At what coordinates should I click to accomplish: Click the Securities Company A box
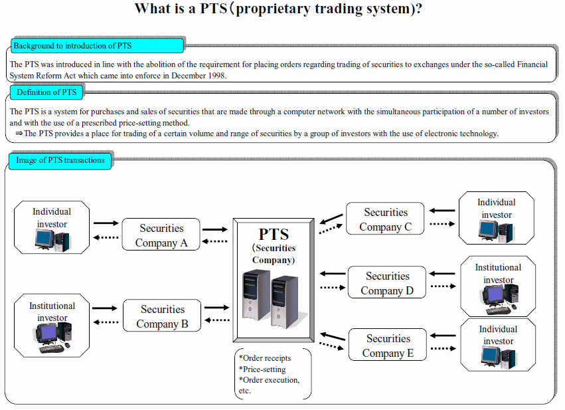point(161,235)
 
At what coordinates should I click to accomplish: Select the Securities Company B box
point(162,316)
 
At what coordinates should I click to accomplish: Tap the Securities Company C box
point(385,219)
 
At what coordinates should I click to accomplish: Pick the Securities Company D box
point(386,282)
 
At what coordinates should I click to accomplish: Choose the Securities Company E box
point(387,345)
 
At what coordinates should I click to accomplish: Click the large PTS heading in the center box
point(274,235)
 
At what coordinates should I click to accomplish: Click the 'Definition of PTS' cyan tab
point(46,92)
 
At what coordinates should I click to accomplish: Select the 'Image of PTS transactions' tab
point(60,160)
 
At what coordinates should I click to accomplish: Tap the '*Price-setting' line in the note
point(262,369)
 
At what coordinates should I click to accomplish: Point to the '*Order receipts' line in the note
point(265,358)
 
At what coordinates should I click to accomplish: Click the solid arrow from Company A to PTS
point(215,229)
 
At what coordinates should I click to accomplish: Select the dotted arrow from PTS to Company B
point(217,320)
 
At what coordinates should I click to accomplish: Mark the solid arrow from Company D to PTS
point(332,274)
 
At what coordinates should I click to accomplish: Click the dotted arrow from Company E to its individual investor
point(444,348)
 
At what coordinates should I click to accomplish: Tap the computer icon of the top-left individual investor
point(52,240)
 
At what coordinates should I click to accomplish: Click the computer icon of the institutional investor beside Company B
point(52,337)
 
